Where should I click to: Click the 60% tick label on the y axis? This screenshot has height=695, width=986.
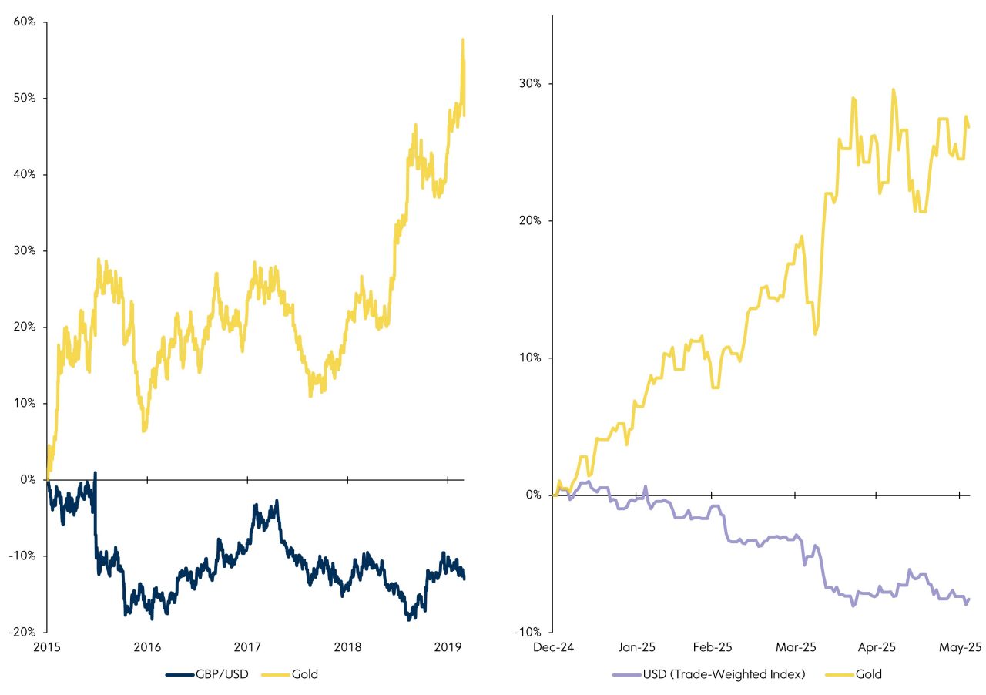point(25,22)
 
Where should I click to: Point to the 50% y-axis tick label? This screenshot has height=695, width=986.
point(25,98)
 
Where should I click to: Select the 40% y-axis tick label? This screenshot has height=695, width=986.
point(25,174)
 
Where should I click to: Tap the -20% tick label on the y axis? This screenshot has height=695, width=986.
point(23,632)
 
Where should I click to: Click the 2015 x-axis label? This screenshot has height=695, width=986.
point(47,647)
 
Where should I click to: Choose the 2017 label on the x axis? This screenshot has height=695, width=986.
point(247,647)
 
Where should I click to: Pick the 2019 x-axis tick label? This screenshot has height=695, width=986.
point(448,647)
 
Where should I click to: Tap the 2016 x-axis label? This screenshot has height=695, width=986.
point(147,647)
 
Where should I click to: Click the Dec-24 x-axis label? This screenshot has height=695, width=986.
point(553,647)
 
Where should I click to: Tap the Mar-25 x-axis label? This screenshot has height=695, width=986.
point(797,647)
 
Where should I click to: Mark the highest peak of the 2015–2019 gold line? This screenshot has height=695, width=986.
point(463,39)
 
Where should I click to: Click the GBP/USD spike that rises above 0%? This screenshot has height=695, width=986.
point(95,472)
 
